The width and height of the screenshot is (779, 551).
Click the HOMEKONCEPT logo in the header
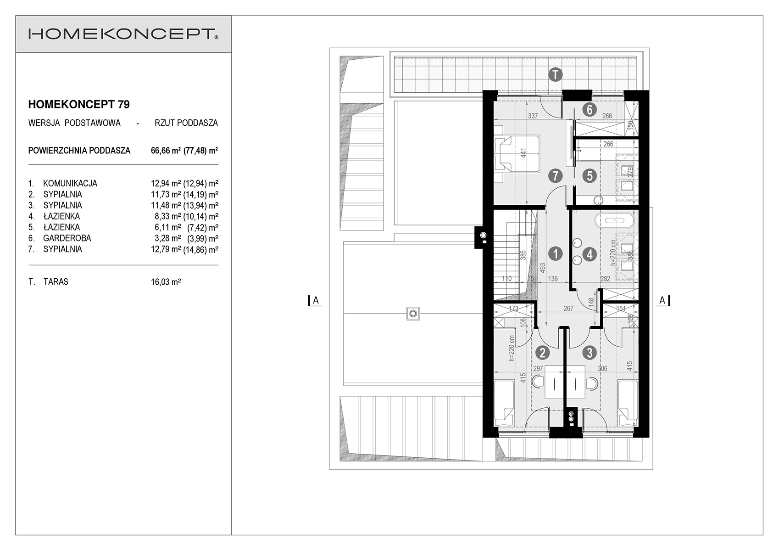[123, 34]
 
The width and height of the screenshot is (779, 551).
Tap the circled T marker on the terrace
[556, 75]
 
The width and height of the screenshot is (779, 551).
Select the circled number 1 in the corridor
[556, 254]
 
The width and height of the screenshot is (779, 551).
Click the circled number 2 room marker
[543, 353]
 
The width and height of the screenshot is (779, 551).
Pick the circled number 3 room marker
[590, 353]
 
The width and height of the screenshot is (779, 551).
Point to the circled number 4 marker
[590, 254]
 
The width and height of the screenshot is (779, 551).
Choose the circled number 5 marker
[590, 176]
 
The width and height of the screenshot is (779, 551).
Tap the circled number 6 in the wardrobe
[590, 110]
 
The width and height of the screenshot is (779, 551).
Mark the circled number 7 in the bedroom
[556, 176]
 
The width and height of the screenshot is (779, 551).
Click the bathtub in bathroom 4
[615, 221]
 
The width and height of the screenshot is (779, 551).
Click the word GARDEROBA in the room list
[67, 238]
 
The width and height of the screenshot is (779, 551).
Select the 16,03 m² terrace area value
[166, 282]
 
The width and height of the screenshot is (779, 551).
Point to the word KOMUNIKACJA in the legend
[70, 183]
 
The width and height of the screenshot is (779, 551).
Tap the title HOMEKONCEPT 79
[79, 104]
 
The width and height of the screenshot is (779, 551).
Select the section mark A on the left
[316, 300]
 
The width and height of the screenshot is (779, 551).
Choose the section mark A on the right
[663, 300]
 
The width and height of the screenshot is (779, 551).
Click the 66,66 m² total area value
[166, 151]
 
